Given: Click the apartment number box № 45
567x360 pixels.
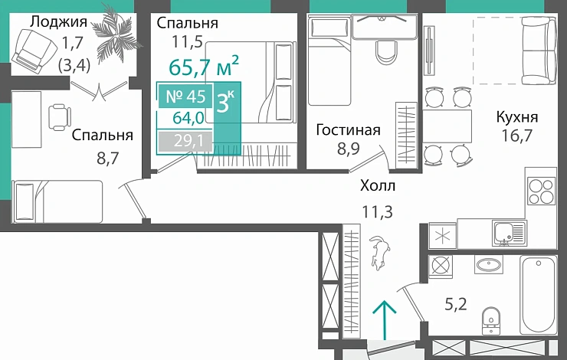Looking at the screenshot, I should [x=184, y=97].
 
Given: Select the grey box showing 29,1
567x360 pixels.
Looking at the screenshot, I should [x=184, y=142].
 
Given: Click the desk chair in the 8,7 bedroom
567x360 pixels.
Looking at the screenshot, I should [x=59, y=117].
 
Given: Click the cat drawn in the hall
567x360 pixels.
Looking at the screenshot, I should [x=380, y=252].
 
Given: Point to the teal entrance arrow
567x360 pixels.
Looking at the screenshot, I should [x=383, y=316].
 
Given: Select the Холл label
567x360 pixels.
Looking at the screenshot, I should [x=376, y=185].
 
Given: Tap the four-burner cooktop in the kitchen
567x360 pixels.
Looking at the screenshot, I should [x=540, y=190].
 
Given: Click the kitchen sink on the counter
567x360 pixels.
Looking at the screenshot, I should [x=507, y=230].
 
